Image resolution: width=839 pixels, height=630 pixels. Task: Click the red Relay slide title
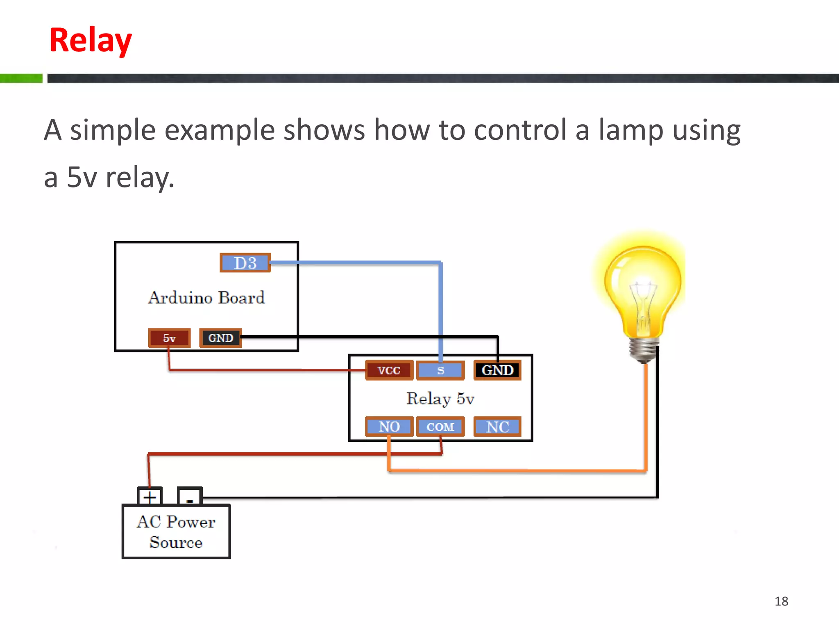[91, 40]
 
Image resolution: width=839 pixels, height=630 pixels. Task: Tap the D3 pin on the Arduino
[245, 263]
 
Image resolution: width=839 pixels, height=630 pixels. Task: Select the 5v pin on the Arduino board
[169, 338]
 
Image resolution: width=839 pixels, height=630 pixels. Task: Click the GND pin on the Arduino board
[220, 338]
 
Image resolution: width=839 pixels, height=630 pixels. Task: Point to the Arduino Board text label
[206, 298]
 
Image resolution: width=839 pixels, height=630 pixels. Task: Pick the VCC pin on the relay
[389, 370]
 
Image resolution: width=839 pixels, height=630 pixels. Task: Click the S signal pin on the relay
[440, 370]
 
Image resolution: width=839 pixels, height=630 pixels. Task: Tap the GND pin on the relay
[497, 370]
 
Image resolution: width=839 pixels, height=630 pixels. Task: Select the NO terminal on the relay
[389, 427]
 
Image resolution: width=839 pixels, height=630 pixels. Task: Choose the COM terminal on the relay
[440, 427]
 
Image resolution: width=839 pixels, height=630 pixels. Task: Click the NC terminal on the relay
[497, 427]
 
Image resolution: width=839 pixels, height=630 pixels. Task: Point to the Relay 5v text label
[440, 399]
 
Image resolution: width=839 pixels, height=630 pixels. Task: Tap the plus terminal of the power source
[150, 497]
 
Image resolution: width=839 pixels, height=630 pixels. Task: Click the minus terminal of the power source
[190, 497]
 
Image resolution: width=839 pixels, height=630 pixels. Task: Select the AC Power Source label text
[176, 532]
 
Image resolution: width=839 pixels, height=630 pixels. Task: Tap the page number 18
[781, 601]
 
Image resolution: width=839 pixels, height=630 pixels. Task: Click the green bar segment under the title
[21, 78]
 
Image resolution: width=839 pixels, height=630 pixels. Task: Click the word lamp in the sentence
[631, 130]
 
